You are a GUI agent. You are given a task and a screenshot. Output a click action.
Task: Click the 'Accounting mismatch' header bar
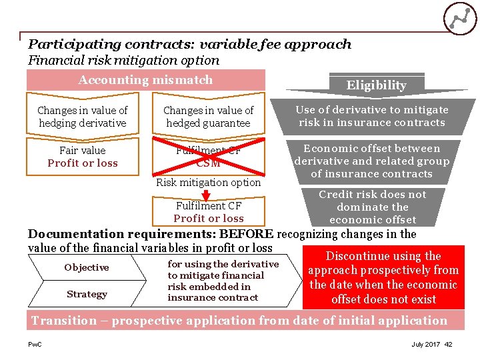[x=145, y=80]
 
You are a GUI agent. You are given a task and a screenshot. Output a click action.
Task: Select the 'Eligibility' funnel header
[x=376, y=85]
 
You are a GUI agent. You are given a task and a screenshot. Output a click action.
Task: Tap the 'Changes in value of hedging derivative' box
[x=83, y=117]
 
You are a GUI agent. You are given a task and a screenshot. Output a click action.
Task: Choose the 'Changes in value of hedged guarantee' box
[x=208, y=117]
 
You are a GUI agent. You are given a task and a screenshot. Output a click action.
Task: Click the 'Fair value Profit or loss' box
[x=83, y=157]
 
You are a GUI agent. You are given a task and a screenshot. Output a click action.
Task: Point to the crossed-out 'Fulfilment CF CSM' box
[x=208, y=157]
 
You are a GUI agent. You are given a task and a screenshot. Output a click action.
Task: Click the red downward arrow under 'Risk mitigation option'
[x=207, y=195]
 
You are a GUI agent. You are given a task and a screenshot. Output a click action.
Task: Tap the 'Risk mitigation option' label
[x=208, y=183]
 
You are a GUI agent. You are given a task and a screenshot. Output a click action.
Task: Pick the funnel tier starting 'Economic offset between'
[x=372, y=161]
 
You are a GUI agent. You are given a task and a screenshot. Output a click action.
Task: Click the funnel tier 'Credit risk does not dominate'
[x=373, y=207]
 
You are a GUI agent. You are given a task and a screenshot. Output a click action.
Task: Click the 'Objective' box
[x=87, y=267]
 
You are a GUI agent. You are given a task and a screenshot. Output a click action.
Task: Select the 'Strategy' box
[x=87, y=294]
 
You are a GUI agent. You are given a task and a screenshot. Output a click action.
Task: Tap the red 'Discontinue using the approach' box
[x=383, y=278]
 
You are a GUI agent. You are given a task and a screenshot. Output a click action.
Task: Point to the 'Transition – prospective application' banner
[x=240, y=321]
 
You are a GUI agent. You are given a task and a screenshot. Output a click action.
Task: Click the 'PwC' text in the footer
[x=35, y=345]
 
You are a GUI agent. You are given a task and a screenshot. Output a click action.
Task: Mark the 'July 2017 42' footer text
[x=432, y=345]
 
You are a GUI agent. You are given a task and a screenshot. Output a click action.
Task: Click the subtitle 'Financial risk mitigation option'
[x=123, y=60]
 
